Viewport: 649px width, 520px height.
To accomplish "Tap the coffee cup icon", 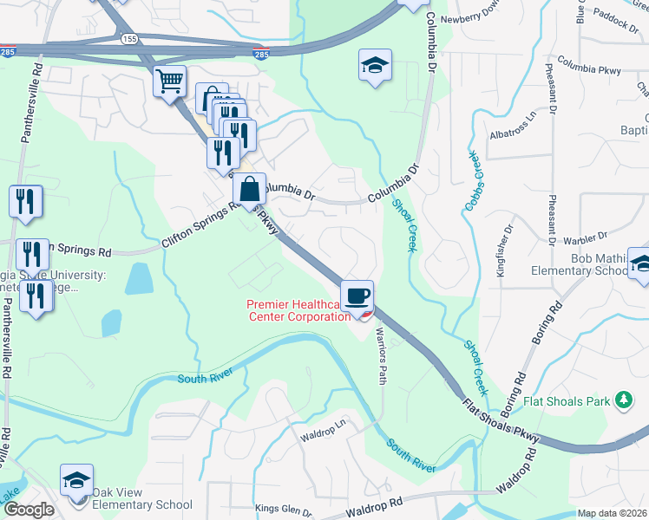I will tap(357, 296).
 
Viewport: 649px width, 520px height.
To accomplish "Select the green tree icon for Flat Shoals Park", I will tap(622, 400).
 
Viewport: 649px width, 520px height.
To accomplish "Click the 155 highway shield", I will tap(129, 39).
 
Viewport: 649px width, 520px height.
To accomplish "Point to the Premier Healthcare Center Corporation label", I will tap(298, 310).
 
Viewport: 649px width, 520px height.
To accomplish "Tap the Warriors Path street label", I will tap(380, 356).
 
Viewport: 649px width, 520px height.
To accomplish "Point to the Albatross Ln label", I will tap(514, 124).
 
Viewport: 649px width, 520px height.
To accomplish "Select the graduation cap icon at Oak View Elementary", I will tap(76, 481).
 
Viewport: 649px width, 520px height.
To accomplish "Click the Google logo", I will tap(29, 510).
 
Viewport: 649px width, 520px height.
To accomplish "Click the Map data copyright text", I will tap(612, 513).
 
